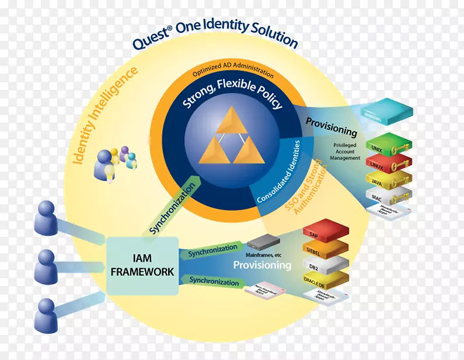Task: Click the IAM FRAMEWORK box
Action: pos(142,266)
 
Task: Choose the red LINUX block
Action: pos(386,162)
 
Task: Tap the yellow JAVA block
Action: pos(386,178)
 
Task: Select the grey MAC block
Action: pos(386,194)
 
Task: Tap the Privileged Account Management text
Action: pos(345,151)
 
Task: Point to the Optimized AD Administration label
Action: pos(233,74)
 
